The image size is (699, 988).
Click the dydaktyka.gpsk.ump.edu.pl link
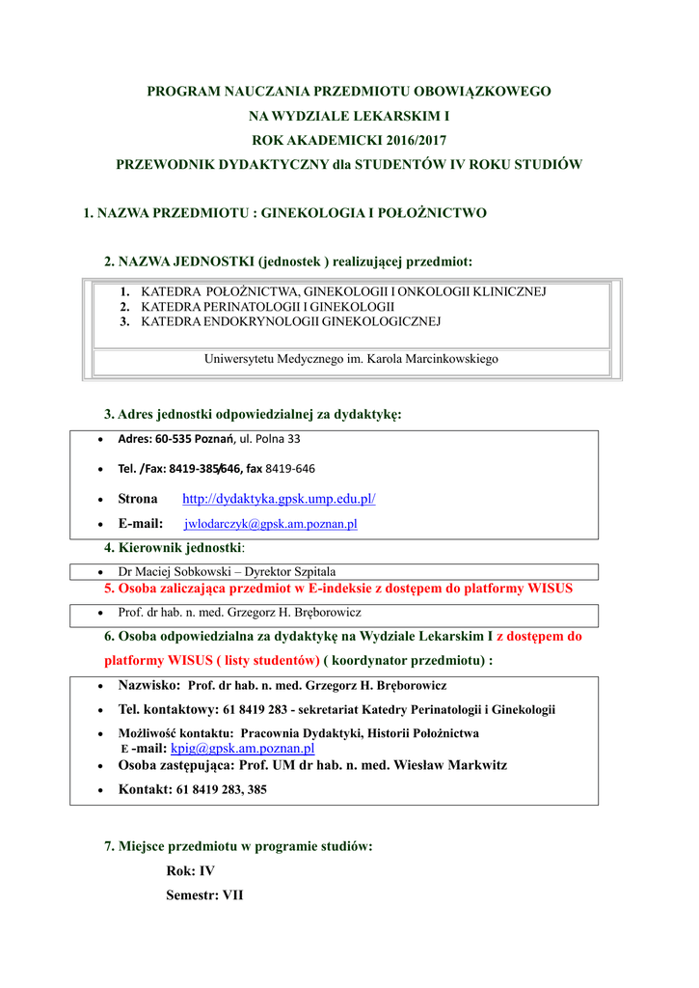pos(279,499)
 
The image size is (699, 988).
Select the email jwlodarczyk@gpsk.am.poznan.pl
pos(271,524)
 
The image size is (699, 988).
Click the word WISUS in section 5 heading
pos(547,588)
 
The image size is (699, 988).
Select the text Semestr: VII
pos(204,895)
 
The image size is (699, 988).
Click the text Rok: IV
pos(190,870)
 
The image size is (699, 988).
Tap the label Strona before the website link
pos(137,499)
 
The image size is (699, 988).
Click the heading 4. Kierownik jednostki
pos(173,548)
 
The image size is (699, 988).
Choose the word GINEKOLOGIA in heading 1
pos(309,213)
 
